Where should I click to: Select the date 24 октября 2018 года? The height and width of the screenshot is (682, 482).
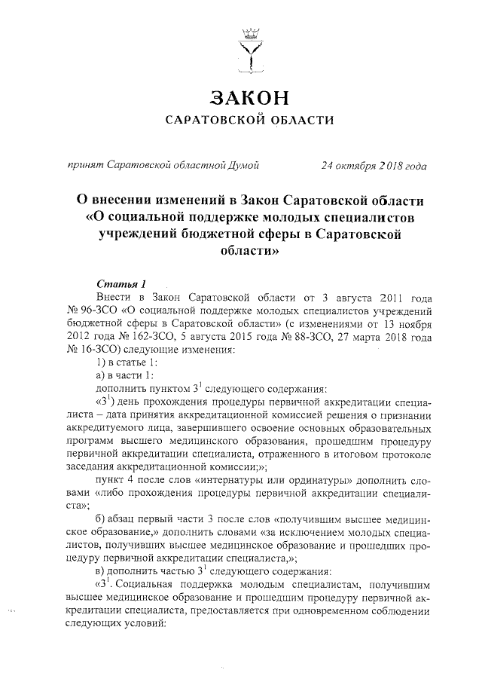[374, 165]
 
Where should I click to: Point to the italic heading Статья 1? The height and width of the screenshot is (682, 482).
[115, 283]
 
